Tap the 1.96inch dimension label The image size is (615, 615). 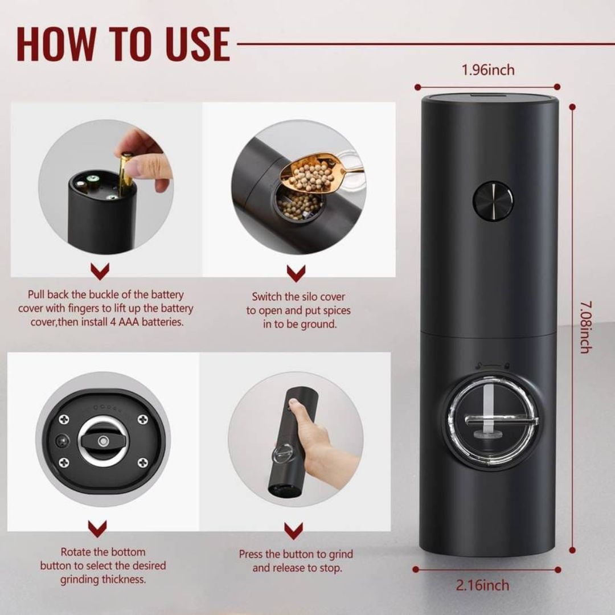coord(487,70)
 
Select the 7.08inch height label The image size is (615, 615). coord(584,327)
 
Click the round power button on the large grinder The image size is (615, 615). coord(493,200)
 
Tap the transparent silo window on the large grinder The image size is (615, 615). coord(490,421)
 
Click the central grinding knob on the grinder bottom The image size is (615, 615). coord(102,441)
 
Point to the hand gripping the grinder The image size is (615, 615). coord(310,438)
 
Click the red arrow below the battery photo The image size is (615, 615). coord(100,272)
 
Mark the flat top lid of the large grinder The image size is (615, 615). coord(489,99)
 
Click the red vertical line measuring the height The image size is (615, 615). coord(572,327)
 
